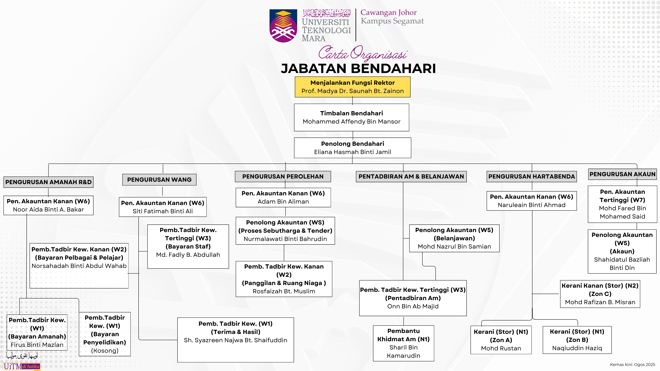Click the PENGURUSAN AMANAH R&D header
48,182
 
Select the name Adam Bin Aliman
283,201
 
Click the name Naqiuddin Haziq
577,348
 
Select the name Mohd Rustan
501,348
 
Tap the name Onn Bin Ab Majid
413,306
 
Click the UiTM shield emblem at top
283,26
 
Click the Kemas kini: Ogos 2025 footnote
632,364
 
